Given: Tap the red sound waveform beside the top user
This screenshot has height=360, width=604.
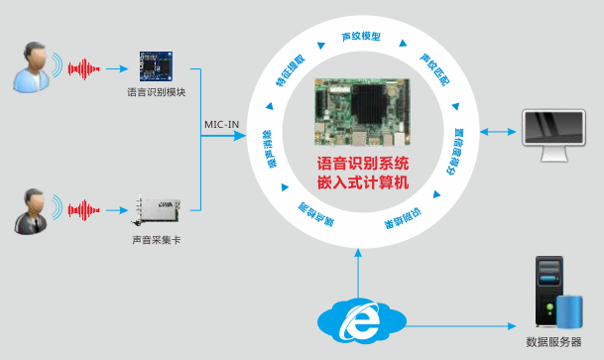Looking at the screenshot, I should click(83, 68).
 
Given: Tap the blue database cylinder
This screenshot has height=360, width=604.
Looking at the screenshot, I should click(568, 310).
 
